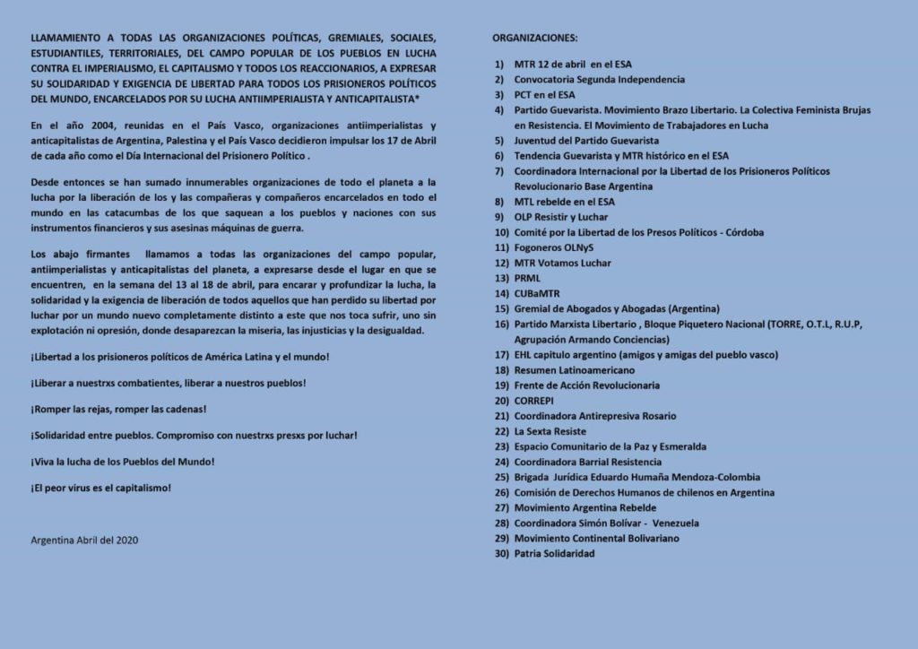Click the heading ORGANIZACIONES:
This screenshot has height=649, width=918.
point(535,39)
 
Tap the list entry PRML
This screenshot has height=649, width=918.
point(528,279)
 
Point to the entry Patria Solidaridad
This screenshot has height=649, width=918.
point(554,553)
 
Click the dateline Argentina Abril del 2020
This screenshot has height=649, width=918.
point(84,540)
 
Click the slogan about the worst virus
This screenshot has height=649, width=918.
point(100,488)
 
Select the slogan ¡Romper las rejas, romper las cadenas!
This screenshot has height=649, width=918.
point(118,410)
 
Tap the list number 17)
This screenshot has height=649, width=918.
point(501,355)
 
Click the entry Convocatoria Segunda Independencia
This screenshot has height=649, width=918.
point(599,80)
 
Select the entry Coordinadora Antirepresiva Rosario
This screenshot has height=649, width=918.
point(595,416)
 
